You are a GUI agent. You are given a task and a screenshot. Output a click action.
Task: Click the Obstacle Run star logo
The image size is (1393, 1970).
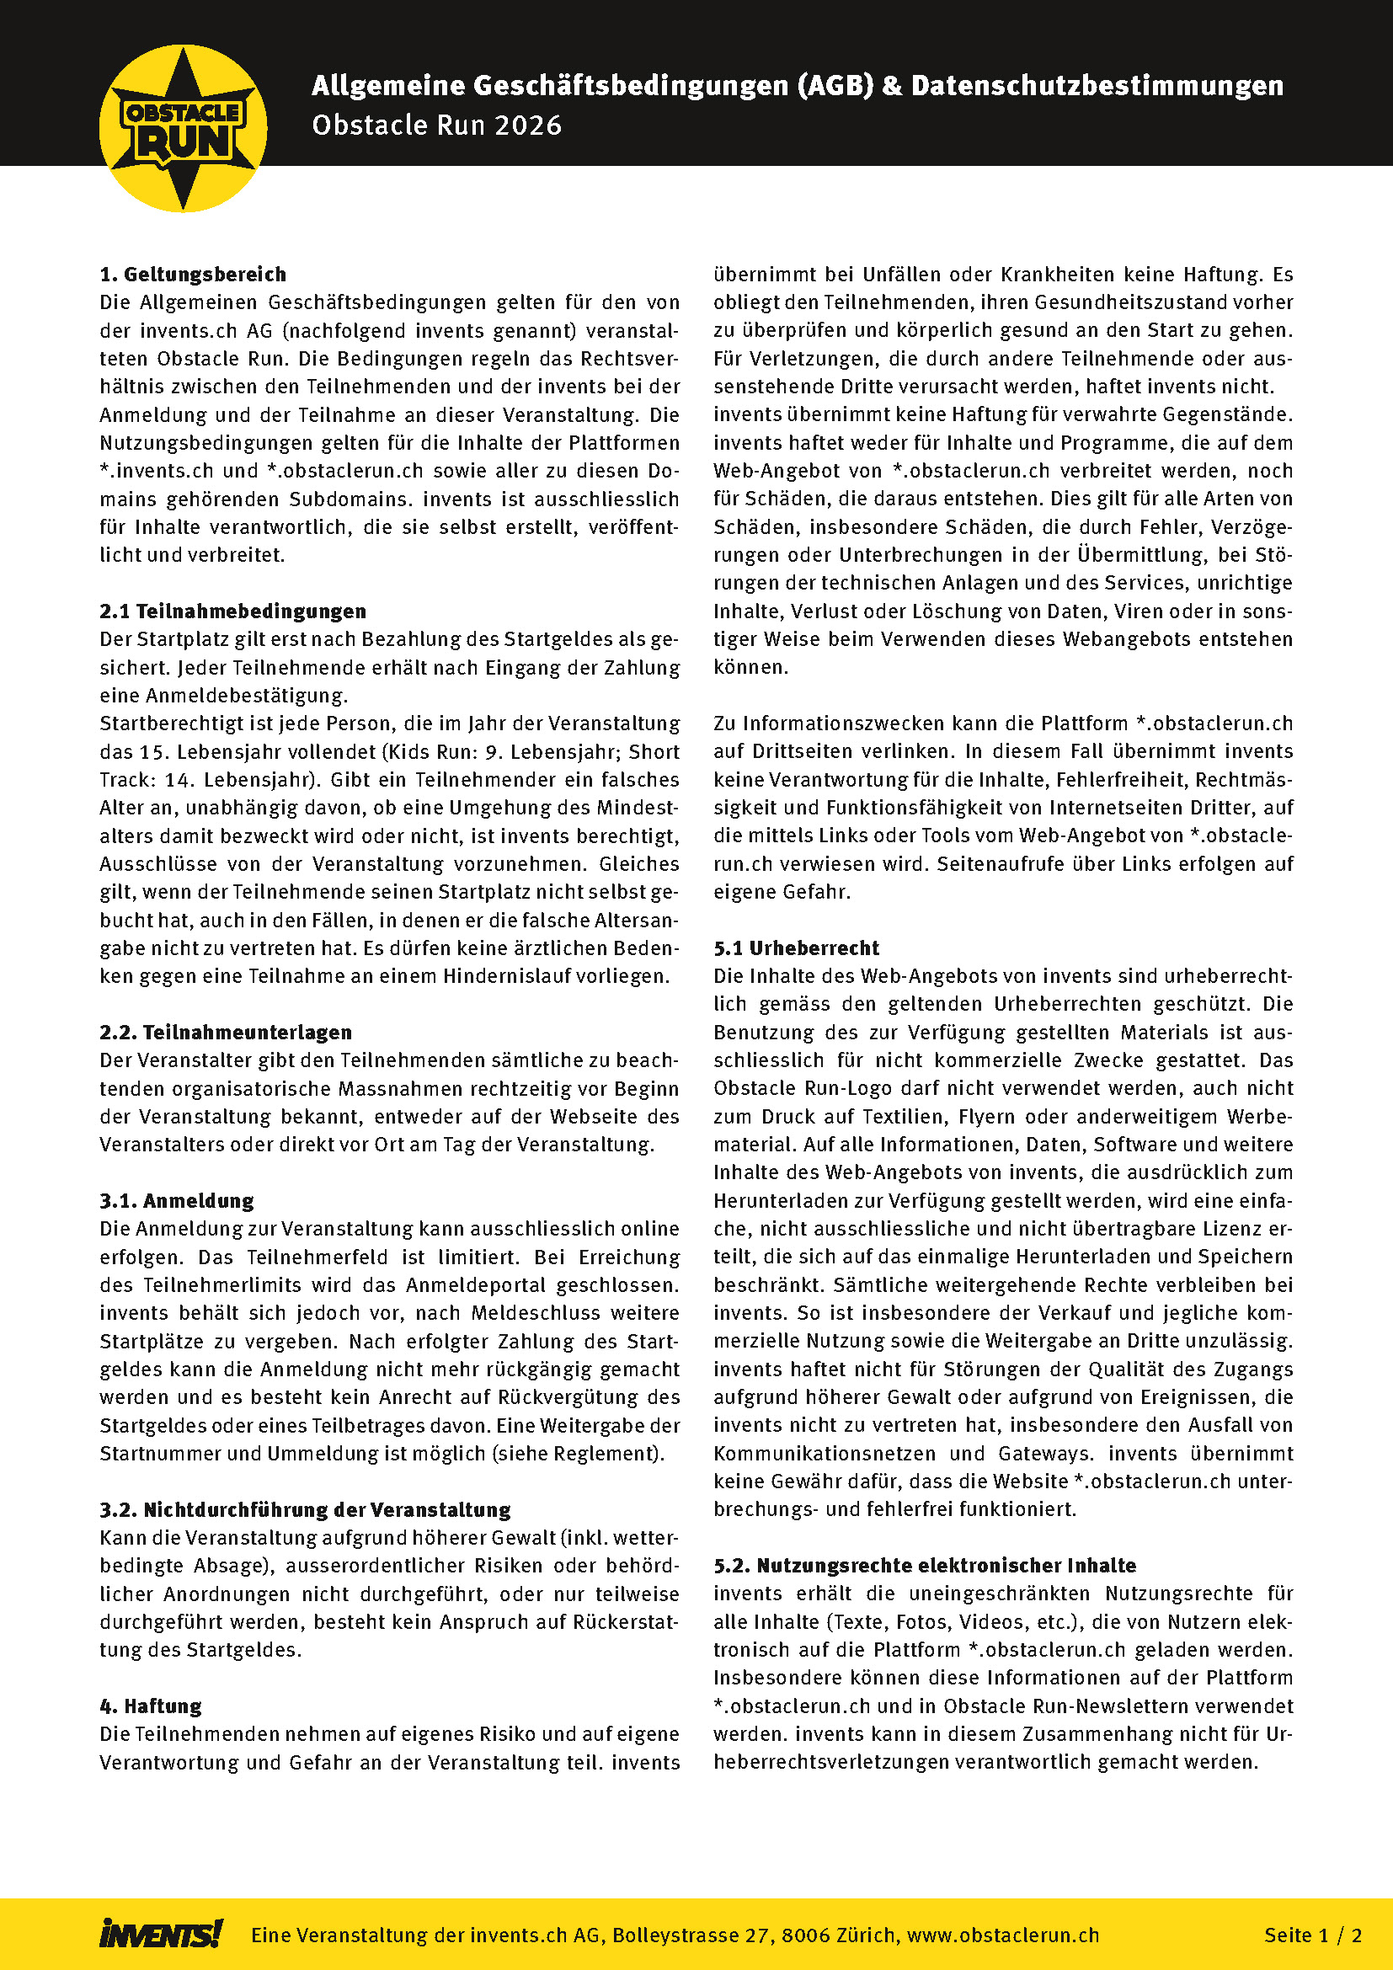[183, 129]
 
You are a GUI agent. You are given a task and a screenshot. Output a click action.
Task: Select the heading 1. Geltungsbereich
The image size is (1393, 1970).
[193, 275]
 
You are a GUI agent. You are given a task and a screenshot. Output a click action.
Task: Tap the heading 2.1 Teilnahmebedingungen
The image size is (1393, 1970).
[232, 611]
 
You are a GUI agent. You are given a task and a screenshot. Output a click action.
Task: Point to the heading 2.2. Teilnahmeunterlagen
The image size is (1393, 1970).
[226, 1033]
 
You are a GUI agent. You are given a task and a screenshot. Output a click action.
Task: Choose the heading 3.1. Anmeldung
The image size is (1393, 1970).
[177, 1200]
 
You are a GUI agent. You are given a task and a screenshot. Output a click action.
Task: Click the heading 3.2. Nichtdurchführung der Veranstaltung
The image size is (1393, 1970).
[305, 1509]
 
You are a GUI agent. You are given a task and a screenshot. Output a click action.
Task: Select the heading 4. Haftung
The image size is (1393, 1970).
[151, 1706]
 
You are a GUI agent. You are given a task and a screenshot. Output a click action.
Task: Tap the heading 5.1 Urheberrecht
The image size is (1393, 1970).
[796, 948]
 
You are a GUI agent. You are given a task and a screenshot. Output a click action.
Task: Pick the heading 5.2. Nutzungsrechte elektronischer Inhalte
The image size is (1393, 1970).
[925, 1565]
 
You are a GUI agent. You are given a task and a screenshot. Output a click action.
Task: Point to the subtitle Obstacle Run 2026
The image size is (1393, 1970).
[436, 125]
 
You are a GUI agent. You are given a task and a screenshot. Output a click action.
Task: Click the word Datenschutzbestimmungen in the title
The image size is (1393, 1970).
[1097, 86]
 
